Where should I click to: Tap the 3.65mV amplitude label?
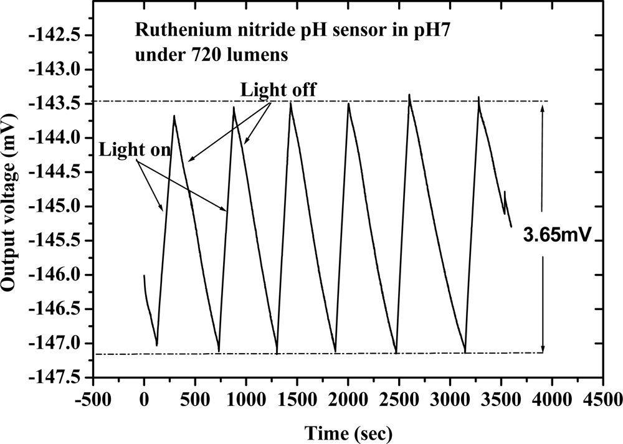tap(556, 237)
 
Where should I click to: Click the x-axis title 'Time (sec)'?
tap(348, 432)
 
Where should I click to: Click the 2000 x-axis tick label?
tap(348, 399)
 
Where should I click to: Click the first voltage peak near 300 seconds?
tap(174, 116)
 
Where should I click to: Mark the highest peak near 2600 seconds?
tap(409, 95)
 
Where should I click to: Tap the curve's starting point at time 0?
tap(144, 275)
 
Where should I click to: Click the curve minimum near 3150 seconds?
tap(465, 352)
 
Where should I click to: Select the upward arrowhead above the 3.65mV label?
tap(543, 106)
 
